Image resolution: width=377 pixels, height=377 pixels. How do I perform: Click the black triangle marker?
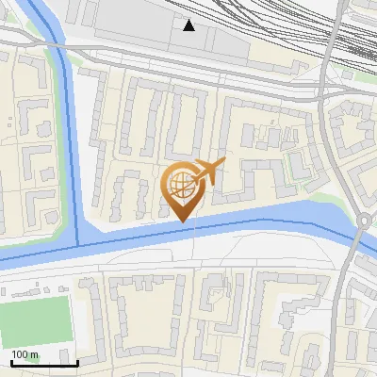190,25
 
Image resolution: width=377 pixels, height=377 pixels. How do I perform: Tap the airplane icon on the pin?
208,171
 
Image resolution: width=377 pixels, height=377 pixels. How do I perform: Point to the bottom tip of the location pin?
181,221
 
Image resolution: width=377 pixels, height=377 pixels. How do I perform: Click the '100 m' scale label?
25,354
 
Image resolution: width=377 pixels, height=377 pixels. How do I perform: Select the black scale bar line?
43,363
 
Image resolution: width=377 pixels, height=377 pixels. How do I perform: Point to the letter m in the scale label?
35,354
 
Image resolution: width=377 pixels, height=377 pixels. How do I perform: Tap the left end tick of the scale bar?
10,361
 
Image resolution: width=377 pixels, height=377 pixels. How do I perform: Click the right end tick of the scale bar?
76,361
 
